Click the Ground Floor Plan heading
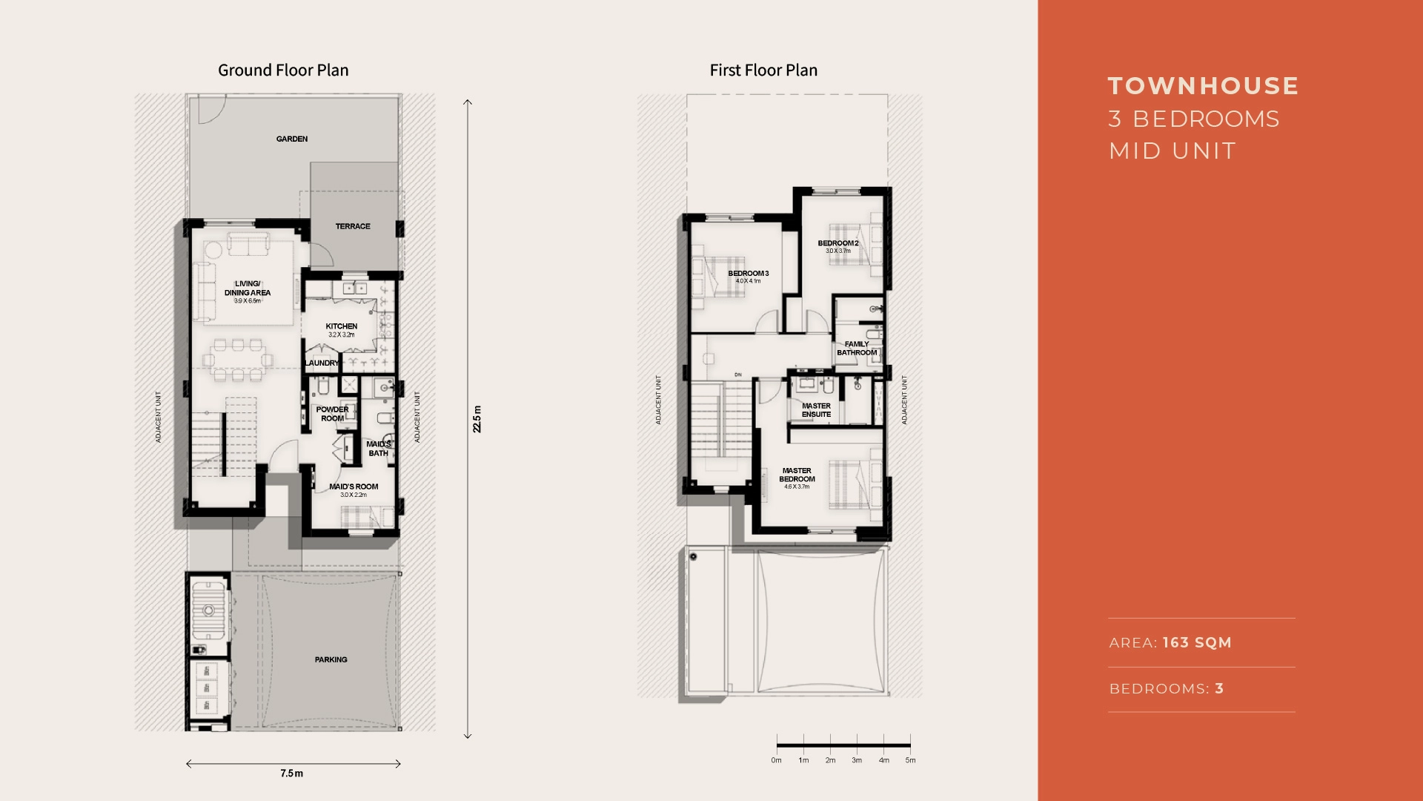[283, 70]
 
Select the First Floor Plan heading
[763, 70]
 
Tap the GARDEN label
[292, 139]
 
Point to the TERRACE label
[353, 226]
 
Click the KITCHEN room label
[342, 326]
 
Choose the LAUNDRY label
[322, 363]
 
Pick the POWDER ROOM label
[332, 414]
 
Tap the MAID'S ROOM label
[354, 487]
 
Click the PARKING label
[331, 659]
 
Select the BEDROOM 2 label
[838, 243]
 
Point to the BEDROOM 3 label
[748, 274]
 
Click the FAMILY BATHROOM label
[857, 349]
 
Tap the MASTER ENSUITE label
[816, 410]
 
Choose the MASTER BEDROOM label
[797, 475]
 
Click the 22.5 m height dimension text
[477, 419]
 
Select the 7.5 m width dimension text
[291, 774]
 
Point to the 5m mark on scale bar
[910, 760]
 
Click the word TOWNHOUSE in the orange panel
[1203, 86]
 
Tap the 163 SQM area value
[1197, 643]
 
